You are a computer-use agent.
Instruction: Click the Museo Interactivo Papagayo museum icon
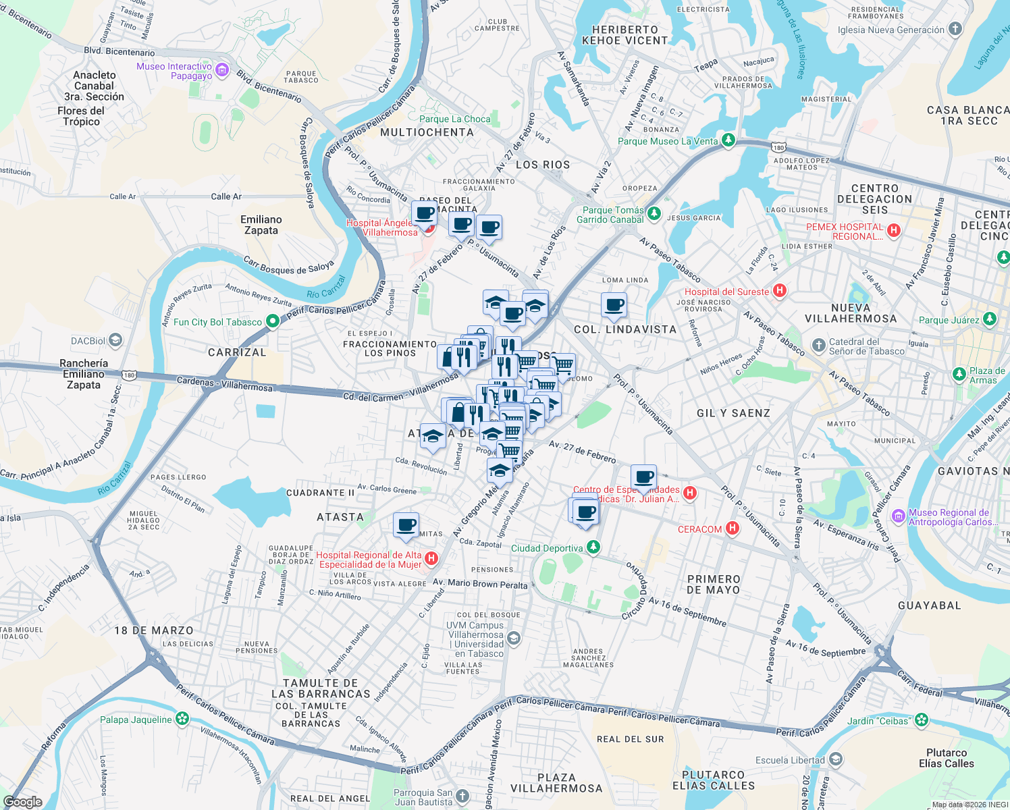click(x=222, y=71)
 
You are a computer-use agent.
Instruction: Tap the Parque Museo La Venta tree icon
click(x=728, y=140)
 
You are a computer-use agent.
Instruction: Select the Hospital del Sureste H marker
click(x=780, y=291)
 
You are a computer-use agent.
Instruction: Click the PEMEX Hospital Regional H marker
click(x=894, y=231)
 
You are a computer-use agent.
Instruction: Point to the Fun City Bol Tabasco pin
click(x=272, y=321)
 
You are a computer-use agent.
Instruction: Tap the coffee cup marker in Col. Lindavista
click(x=614, y=305)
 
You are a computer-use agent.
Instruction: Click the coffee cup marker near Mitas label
click(x=406, y=525)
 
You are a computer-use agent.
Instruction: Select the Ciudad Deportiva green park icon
click(x=593, y=547)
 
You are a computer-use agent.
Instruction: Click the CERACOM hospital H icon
click(x=733, y=529)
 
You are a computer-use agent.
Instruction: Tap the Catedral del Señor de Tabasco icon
click(x=818, y=346)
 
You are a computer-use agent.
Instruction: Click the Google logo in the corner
click(x=23, y=802)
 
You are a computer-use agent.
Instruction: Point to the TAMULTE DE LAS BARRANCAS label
click(x=321, y=688)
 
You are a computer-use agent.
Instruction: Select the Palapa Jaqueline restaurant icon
click(x=182, y=719)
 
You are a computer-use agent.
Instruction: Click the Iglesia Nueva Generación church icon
click(x=955, y=29)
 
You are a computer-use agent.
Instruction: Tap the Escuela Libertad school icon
click(x=835, y=759)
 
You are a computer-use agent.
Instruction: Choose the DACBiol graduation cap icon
click(x=115, y=340)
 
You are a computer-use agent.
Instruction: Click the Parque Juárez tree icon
click(x=989, y=319)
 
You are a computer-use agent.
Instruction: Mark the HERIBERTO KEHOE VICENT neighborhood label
click(x=624, y=35)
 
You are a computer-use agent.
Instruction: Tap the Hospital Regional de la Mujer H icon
click(x=431, y=559)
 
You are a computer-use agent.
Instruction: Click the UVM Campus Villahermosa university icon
click(x=514, y=639)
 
